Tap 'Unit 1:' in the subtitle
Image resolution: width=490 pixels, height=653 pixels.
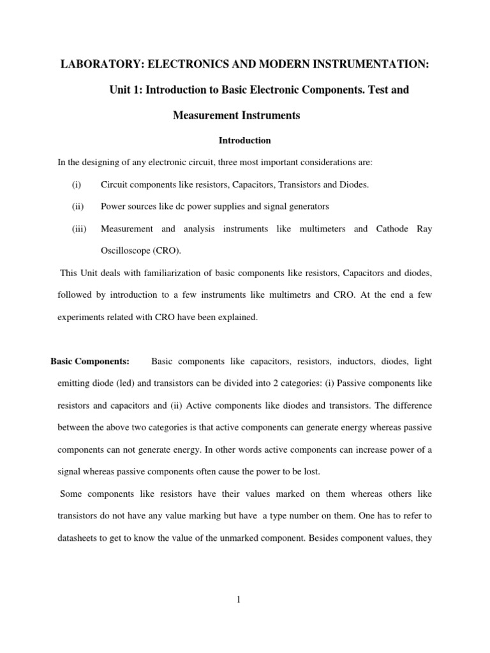click(x=126, y=91)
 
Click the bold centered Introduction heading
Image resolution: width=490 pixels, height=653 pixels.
click(x=245, y=140)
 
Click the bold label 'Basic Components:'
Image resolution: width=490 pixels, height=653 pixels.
click(x=90, y=362)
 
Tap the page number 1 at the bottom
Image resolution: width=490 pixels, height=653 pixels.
click(x=245, y=599)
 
